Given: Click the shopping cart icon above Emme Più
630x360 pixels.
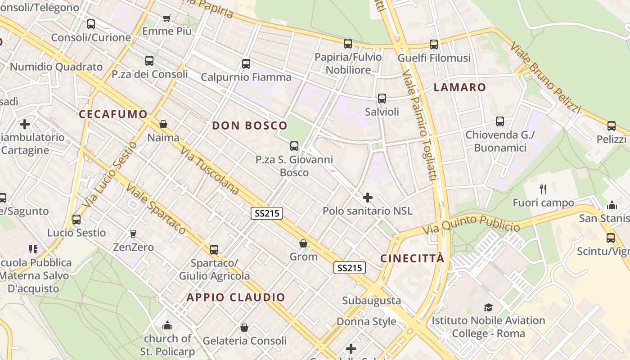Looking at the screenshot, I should click(167, 18).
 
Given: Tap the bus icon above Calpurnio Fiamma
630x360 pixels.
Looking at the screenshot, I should click(246, 64).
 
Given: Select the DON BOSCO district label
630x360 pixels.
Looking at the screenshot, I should click(249, 126).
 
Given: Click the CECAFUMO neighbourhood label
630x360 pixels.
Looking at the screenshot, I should click(113, 114).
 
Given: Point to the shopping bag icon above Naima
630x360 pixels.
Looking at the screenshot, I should click(163, 124).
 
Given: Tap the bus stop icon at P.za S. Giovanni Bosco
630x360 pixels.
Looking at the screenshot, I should click(294, 146).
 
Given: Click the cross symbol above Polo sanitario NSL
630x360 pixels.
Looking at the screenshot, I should click(368, 197).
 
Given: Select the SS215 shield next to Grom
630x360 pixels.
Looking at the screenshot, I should click(349, 268).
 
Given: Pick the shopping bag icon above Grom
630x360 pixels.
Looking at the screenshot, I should click(304, 243).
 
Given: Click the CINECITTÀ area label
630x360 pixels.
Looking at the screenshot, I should click(412, 258).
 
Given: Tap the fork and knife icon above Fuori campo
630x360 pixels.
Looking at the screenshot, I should click(543, 189).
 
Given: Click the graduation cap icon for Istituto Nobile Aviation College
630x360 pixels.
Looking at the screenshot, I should click(488, 307).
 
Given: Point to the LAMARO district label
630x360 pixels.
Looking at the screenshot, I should click(460, 87).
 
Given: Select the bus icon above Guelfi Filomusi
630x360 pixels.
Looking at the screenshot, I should click(434, 45).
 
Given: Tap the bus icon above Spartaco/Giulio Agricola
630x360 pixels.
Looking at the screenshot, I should click(214, 249).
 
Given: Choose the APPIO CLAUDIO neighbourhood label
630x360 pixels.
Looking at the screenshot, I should click(236, 297).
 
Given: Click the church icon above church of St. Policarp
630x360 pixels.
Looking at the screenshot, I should click(167, 325).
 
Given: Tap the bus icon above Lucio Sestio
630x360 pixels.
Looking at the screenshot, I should click(76, 220).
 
